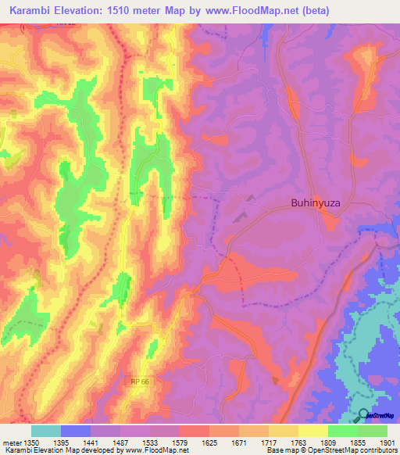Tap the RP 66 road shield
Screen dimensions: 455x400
coord(139,380)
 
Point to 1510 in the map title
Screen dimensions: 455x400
coord(135,11)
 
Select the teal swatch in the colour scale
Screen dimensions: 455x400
coord(46,431)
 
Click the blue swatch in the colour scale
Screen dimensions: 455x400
coord(76,431)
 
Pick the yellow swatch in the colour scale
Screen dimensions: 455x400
coord(313,431)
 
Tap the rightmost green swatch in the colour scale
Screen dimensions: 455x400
coord(373,431)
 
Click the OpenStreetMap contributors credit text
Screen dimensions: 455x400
coord(351,450)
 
